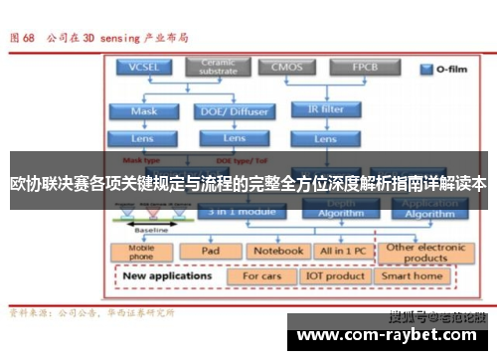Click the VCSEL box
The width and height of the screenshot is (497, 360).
coord(144,68)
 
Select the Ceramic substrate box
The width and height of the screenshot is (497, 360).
coord(219,68)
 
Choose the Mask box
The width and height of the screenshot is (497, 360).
coord(144,111)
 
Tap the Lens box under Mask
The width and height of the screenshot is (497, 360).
coord(144,138)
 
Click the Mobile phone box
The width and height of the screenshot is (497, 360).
coord(143,251)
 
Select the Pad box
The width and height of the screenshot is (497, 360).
coord(210,251)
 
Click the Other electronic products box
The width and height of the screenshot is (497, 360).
coord(425,251)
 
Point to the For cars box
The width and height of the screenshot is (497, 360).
coord(261,275)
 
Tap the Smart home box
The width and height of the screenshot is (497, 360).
coord(413,275)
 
